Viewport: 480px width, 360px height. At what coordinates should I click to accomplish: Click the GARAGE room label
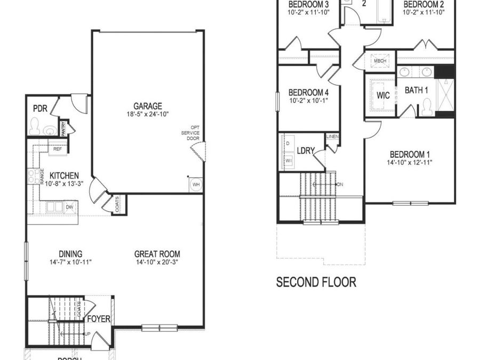point(148,106)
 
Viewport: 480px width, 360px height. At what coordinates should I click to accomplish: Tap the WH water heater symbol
point(196,184)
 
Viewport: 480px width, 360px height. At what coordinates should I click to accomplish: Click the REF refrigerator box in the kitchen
point(58,149)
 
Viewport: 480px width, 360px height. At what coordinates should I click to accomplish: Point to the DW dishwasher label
point(69,207)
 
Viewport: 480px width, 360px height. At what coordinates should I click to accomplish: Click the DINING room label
point(70,254)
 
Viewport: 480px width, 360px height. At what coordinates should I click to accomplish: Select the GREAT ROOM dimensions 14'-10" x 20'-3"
point(157,262)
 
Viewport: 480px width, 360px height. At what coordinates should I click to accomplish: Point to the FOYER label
point(99,319)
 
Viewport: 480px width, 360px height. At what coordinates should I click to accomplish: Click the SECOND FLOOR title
point(316,282)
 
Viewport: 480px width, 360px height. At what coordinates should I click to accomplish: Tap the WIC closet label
point(383,95)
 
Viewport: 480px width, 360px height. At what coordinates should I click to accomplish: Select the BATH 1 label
point(416,90)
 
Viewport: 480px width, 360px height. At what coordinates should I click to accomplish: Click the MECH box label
point(380,61)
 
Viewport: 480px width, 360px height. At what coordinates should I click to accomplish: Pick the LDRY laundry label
point(305,151)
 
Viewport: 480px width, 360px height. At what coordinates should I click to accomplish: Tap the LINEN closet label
point(332,137)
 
